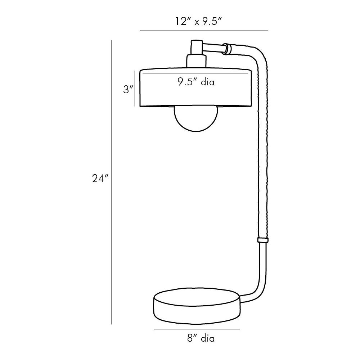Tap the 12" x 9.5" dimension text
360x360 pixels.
(x=198, y=22)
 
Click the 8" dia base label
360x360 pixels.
(x=201, y=338)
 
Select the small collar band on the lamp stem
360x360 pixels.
(x=263, y=240)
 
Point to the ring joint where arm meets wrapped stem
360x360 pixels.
(x=227, y=49)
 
